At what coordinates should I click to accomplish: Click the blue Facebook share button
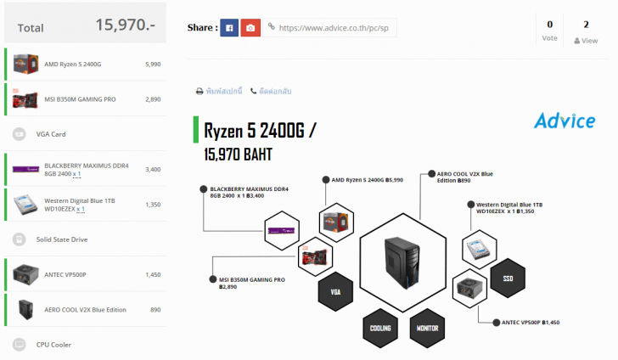click(229, 28)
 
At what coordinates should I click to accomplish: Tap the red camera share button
click(250, 28)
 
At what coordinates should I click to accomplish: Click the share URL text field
click(331, 28)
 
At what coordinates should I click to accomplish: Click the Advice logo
click(564, 121)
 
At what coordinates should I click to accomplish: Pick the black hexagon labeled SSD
click(508, 278)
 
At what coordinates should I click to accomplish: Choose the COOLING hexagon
click(380, 328)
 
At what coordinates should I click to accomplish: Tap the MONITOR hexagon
click(427, 328)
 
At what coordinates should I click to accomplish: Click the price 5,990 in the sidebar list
click(153, 64)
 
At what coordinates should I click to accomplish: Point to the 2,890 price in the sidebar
click(153, 99)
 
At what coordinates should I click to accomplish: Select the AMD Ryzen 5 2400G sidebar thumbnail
click(24, 64)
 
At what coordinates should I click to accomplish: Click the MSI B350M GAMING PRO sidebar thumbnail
click(24, 99)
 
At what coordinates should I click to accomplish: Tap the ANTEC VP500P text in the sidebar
click(65, 274)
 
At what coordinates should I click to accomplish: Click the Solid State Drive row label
click(62, 239)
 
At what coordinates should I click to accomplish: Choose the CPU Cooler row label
click(54, 345)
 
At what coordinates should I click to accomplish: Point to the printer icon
click(199, 91)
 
